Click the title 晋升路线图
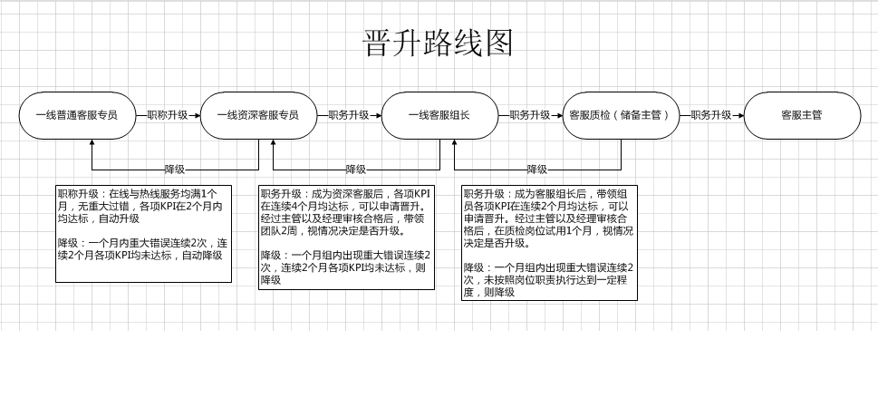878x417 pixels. pyautogui.click(x=439, y=44)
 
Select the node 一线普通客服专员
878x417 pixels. pyautogui.click(x=77, y=115)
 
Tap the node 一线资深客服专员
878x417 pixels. pyautogui.click(x=259, y=115)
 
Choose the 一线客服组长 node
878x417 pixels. pyautogui.click(x=439, y=115)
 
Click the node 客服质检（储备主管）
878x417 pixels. pyautogui.click(x=621, y=115)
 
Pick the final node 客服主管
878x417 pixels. pyautogui.click(x=803, y=115)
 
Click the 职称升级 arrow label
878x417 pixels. pyautogui.click(x=168, y=115)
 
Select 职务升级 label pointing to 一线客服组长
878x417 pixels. pyautogui.click(x=348, y=115)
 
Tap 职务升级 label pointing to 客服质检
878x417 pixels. pyautogui.click(x=530, y=115)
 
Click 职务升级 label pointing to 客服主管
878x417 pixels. pyautogui.click(x=711, y=115)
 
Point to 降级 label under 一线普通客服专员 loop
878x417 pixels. pyautogui.click(x=175, y=170)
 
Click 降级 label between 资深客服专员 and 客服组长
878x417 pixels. pyautogui.click(x=356, y=170)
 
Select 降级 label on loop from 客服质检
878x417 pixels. pyautogui.click(x=537, y=170)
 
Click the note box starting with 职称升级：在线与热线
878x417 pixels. pyautogui.click(x=143, y=234)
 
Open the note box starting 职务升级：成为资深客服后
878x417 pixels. pyautogui.click(x=347, y=238)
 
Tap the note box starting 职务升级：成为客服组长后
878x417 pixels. pyautogui.click(x=549, y=243)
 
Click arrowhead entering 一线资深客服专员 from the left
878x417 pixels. pyautogui.click(x=197, y=115)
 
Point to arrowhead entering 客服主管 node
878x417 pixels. pyautogui.click(x=740, y=115)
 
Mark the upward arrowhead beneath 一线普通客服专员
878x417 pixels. pyautogui.click(x=92, y=143)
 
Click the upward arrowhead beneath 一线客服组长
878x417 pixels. pyautogui.click(x=454, y=143)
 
